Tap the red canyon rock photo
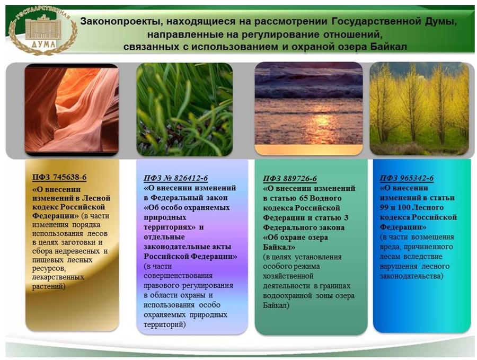point(72,110)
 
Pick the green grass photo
point(184,110)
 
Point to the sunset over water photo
point(308,109)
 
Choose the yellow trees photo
point(419,109)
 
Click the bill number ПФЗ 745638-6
point(59,177)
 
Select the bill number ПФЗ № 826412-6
point(176,178)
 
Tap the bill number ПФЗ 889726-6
point(290,178)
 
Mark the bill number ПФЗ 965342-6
point(407,178)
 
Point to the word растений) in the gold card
point(49,286)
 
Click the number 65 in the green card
point(304,198)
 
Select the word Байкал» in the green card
point(279,247)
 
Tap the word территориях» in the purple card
point(170,227)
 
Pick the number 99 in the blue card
point(385,207)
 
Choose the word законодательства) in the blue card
point(412,276)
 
